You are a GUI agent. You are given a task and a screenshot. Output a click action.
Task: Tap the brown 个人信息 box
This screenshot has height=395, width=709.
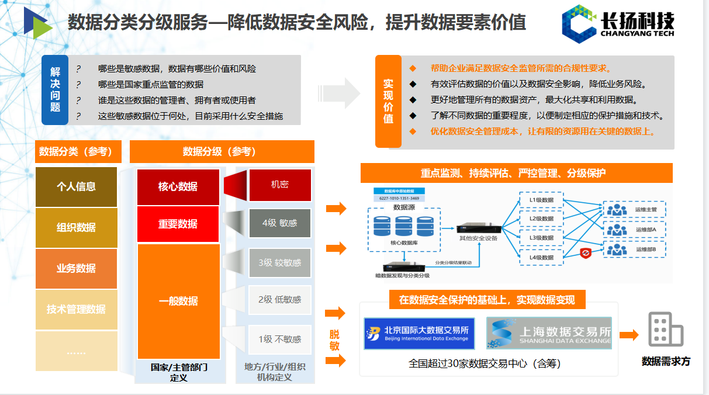click(76, 187)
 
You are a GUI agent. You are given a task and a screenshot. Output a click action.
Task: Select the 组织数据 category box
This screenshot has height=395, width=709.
click(76, 227)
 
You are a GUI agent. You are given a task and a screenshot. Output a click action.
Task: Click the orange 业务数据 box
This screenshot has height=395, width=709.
click(76, 268)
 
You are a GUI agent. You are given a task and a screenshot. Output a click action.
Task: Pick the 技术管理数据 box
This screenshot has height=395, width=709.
click(76, 309)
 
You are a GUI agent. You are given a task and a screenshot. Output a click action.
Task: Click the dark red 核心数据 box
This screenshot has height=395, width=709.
click(178, 187)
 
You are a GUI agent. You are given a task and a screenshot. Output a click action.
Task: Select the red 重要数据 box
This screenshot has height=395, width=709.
click(178, 224)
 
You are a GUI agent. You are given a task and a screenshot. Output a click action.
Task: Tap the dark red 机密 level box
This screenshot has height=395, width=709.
click(280, 185)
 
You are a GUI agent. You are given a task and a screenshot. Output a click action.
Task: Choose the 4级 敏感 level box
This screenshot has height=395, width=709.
click(280, 223)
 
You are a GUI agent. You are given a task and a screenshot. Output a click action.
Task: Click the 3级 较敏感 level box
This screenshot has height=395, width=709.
click(280, 262)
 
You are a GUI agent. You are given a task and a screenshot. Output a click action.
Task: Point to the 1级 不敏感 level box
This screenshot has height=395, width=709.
click(280, 339)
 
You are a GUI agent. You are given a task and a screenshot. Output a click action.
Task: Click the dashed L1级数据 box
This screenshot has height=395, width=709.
click(541, 200)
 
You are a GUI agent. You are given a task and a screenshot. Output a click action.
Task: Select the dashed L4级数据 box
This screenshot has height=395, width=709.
click(541, 257)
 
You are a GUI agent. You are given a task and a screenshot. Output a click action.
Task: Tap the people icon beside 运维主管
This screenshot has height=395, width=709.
click(616, 209)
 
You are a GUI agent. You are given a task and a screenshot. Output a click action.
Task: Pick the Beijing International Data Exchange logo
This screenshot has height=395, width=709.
click(419, 334)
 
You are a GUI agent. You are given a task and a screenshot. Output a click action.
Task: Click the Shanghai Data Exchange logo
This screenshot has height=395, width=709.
click(549, 333)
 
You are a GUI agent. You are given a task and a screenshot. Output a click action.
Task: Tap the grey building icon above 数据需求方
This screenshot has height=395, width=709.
click(666, 329)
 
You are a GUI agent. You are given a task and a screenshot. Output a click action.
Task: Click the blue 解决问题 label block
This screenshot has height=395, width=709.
click(55, 90)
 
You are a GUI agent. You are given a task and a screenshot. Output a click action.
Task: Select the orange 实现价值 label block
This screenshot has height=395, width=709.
click(388, 101)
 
